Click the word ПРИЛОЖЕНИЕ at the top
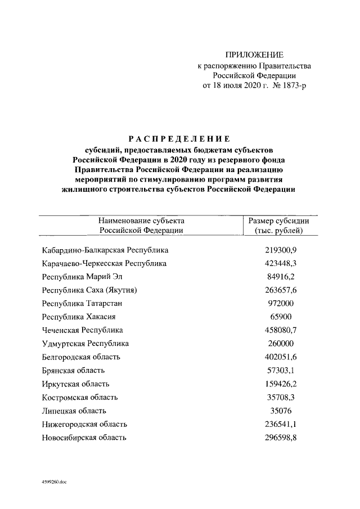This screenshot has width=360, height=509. [254, 55]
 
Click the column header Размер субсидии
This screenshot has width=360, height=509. [279, 221]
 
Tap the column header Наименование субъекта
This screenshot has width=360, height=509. [141, 221]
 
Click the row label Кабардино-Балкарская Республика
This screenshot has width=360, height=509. [105, 250]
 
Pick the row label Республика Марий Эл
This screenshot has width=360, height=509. [82, 277]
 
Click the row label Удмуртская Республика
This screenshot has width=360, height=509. [85, 344]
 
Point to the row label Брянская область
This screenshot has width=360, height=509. [73, 371]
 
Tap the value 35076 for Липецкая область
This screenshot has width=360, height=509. [279, 411]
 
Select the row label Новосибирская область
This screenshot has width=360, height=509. [84, 438]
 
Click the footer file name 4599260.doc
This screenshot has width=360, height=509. [53, 482]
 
